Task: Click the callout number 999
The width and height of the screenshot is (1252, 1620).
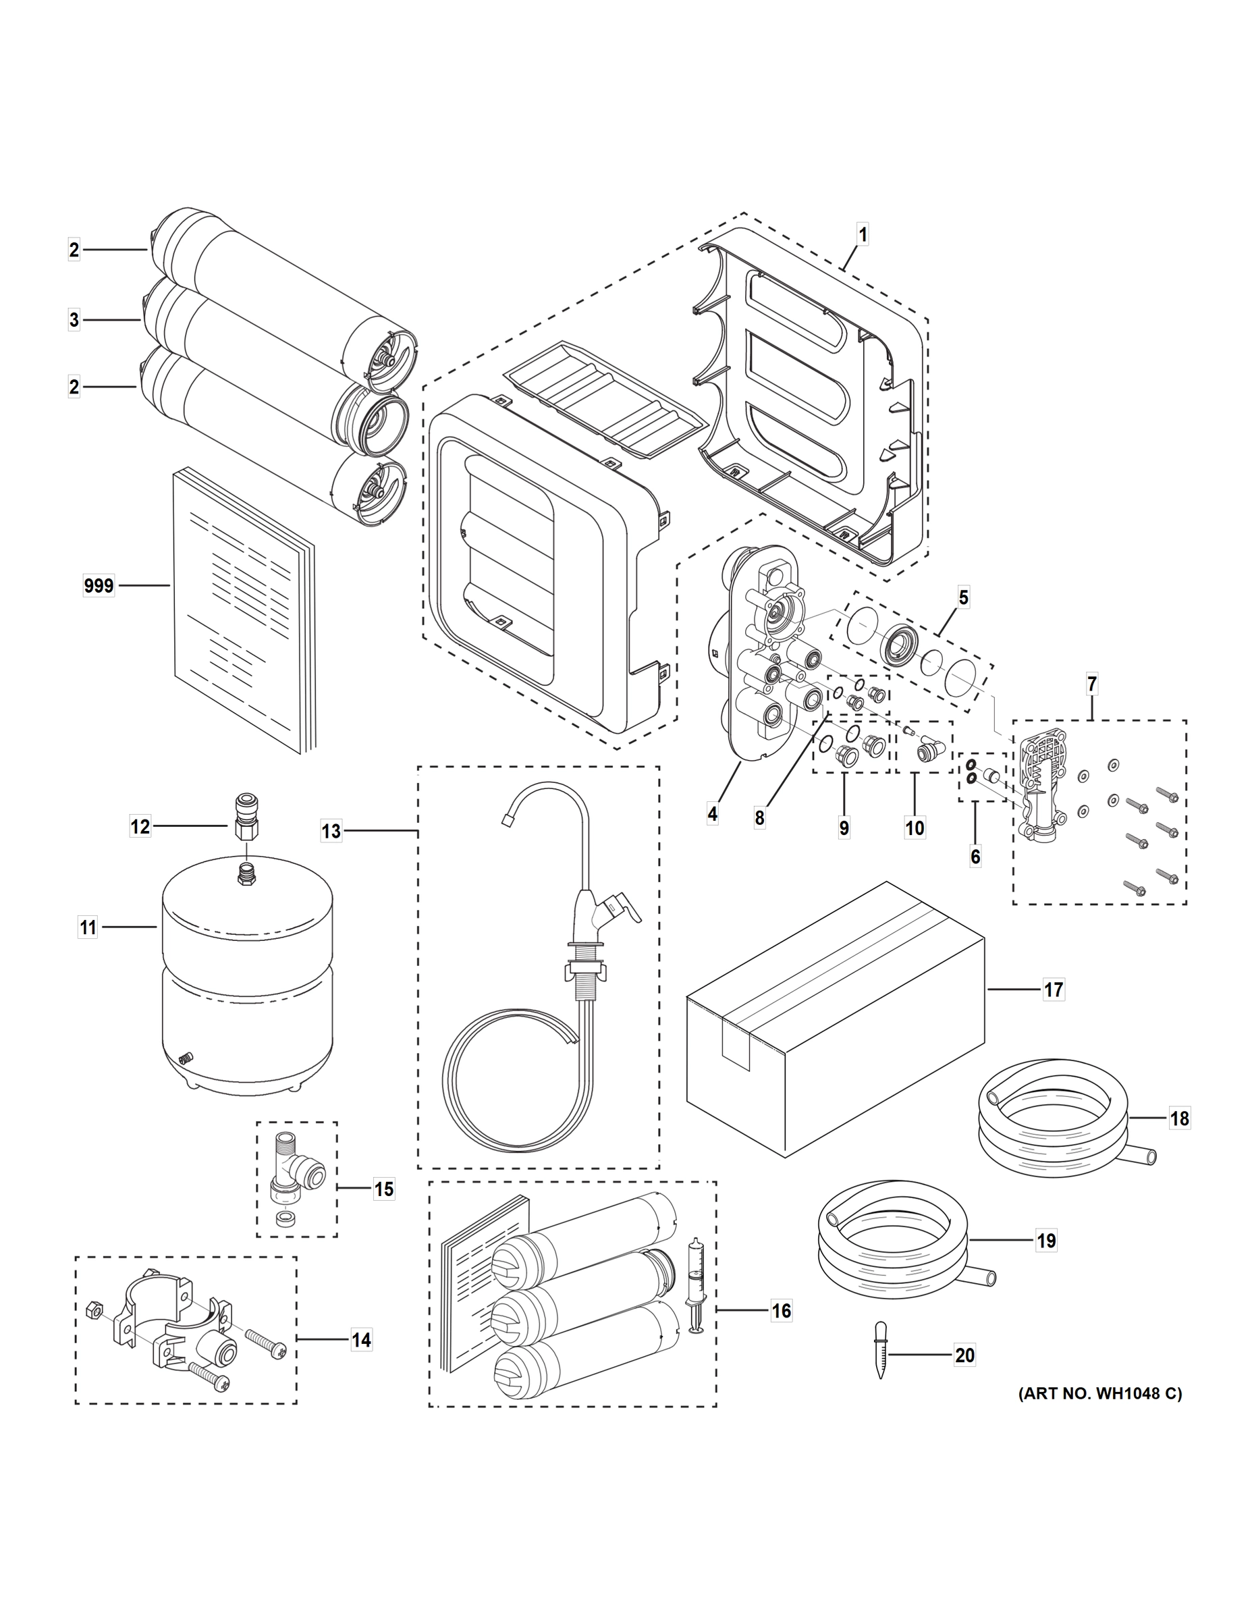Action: coord(99,586)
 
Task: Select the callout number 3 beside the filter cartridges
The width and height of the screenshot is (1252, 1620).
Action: coord(74,320)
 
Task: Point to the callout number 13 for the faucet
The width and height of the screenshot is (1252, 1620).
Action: coord(331,831)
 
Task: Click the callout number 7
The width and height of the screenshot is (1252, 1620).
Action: coord(1092,684)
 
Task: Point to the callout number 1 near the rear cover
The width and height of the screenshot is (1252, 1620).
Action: coord(862,235)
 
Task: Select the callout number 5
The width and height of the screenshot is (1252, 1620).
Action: coord(962,597)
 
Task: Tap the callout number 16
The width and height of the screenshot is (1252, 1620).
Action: coord(781,1311)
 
